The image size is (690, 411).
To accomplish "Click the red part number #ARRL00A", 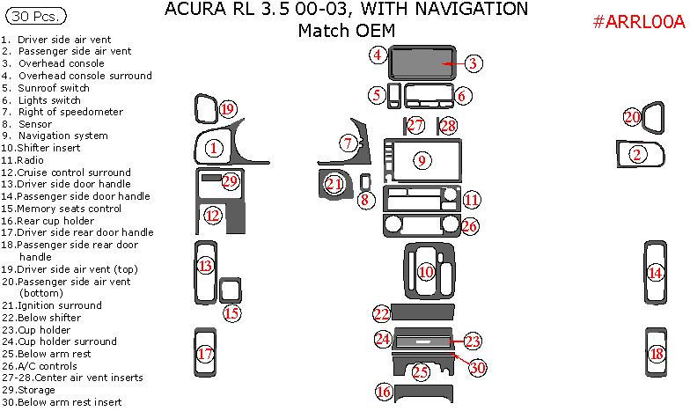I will [x=638, y=23].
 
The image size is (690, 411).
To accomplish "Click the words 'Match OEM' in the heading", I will [x=346, y=31].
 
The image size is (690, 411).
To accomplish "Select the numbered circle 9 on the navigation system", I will [x=422, y=160].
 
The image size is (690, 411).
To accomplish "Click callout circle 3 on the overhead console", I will [x=472, y=63].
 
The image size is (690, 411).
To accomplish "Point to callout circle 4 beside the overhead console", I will [x=378, y=55].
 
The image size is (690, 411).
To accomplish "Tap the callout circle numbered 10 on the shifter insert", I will [x=426, y=272].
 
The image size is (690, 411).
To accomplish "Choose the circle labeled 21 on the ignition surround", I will [x=334, y=184].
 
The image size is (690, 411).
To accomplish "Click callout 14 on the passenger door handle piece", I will [x=655, y=273].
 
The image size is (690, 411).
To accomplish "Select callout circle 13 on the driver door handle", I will [x=205, y=265].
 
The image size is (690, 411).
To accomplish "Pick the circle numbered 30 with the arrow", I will [x=476, y=368].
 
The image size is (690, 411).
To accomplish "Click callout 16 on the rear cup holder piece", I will [x=383, y=392].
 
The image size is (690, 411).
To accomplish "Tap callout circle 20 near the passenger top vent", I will [x=632, y=117].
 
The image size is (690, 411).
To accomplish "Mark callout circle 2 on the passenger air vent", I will [x=638, y=154].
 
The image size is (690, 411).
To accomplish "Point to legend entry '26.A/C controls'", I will [x=51, y=365].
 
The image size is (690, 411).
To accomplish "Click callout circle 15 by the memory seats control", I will [x=231, y=312].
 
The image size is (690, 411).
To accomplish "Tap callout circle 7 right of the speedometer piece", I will [x=349, y=143].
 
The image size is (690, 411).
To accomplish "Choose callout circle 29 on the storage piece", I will [x=231, y=180].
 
